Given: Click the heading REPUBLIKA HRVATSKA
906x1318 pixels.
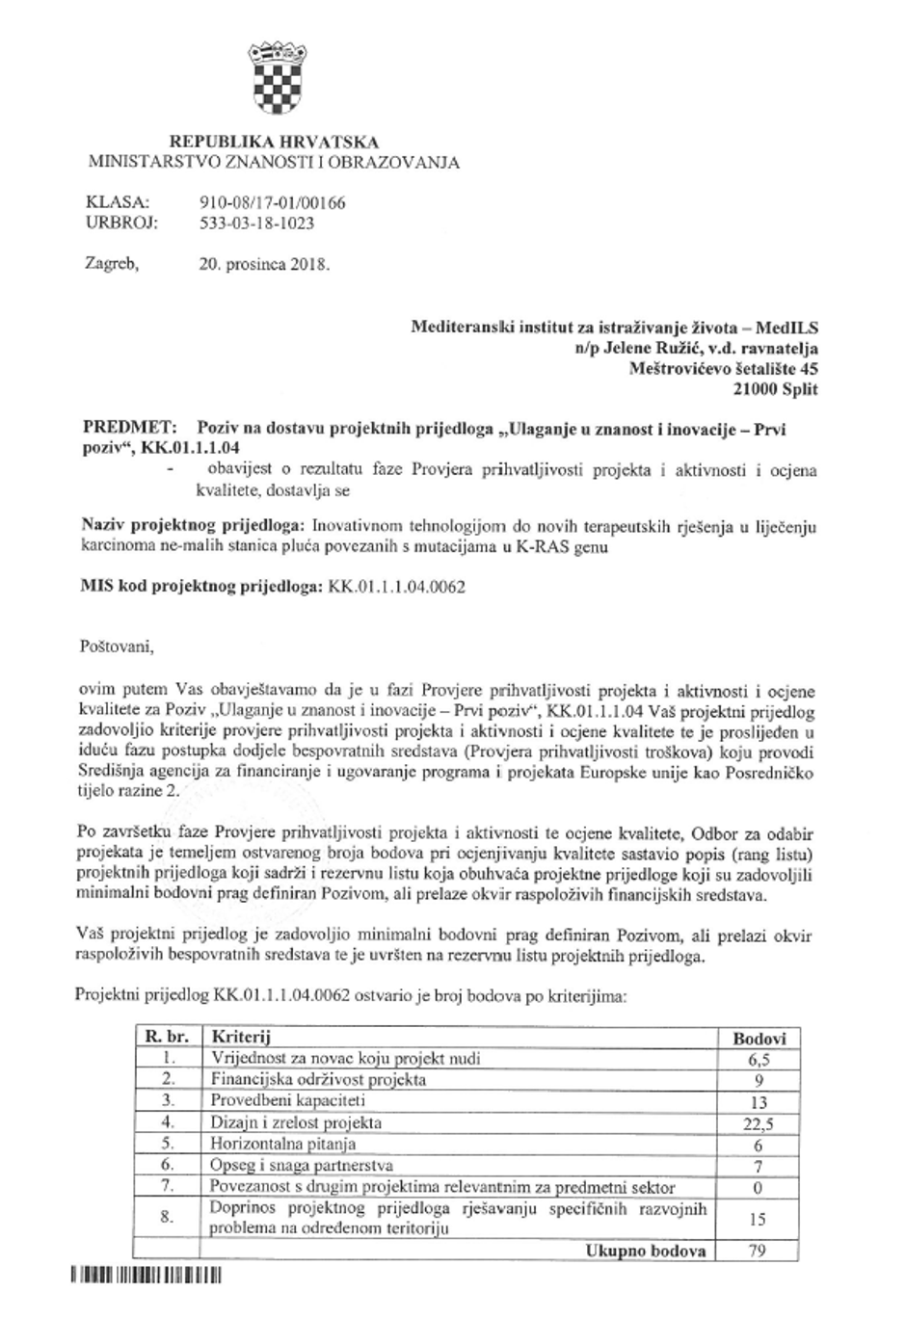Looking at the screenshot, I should click(274, 143).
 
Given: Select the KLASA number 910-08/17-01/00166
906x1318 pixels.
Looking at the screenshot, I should click(271, 203).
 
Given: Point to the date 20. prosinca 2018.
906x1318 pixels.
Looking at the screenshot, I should click(263, 263).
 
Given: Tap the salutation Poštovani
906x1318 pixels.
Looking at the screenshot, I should click(115, 646).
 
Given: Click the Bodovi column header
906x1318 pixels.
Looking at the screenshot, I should click(759, 1039).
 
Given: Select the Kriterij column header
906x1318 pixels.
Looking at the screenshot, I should click(240, 1038).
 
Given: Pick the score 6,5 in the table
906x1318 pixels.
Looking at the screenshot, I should click(759, 1059).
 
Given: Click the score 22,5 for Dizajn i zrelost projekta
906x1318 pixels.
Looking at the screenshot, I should click(759, 1123).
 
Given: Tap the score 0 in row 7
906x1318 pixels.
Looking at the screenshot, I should click(759, 1188).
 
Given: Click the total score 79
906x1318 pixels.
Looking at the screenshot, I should click(759, 1252).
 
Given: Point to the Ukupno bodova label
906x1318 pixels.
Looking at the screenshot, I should click(645, 1252).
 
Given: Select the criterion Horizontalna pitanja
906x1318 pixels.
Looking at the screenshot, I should click(283, 1144).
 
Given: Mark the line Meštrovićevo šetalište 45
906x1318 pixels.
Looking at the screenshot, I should click(723, 368).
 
